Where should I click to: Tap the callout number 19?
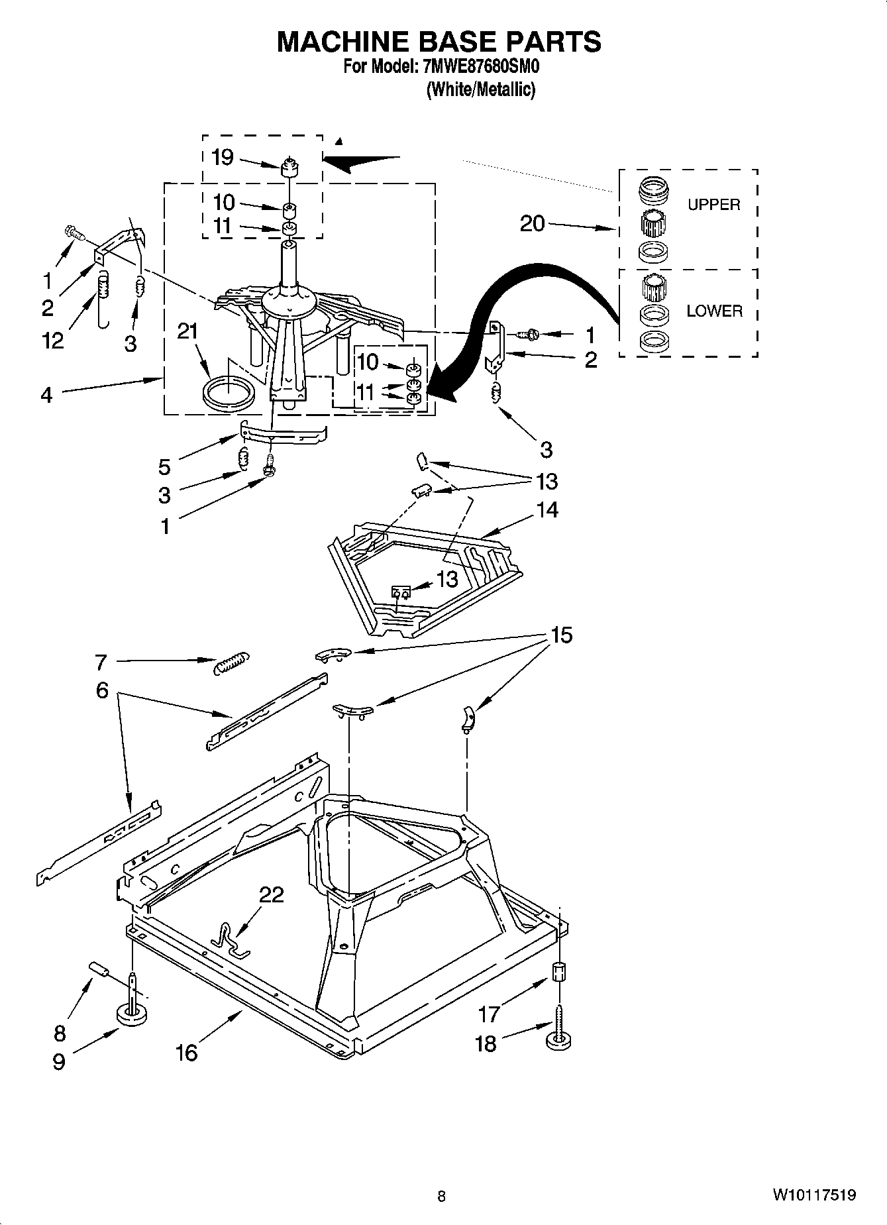223,158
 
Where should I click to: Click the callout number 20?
532,224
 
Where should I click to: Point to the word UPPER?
713,205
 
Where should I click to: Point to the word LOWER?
714,311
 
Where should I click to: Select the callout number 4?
46,396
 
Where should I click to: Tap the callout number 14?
547,509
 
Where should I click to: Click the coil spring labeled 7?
231,662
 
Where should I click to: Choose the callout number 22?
271,895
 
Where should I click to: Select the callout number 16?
187,1052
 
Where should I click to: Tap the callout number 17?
489,1013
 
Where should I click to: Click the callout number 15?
560,635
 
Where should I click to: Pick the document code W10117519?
813,1195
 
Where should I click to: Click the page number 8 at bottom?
441,1196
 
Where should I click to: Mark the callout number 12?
52,341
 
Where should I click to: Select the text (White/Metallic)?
480,89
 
